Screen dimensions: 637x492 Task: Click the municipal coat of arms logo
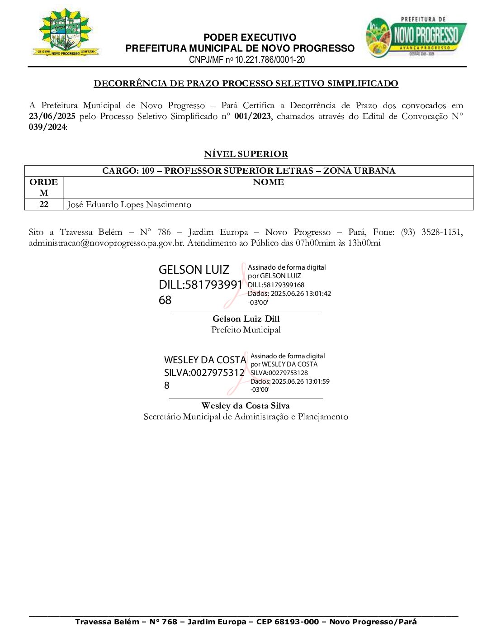66,33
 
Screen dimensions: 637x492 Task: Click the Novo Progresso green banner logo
416,37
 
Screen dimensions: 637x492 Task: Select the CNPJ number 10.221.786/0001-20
270,60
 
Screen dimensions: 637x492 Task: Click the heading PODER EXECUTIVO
250,38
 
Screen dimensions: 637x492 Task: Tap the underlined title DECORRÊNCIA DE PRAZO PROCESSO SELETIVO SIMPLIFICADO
246,83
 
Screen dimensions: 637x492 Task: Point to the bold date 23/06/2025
52,116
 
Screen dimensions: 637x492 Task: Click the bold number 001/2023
252,116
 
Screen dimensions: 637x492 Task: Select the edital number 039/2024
47,127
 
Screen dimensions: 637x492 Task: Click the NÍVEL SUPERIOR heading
246,154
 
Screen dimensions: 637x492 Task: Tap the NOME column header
268,182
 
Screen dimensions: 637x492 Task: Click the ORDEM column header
44,187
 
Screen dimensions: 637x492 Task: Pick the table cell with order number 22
44,204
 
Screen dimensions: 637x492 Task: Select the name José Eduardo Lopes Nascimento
129,204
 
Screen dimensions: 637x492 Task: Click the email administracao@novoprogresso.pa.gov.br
106,243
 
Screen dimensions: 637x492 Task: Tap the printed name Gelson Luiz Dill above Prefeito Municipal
246,319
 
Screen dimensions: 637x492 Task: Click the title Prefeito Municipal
246,330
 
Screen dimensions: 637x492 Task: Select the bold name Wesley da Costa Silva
246,406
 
